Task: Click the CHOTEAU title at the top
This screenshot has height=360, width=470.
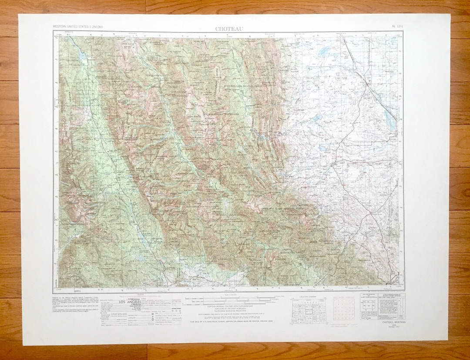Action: tap(229, 29)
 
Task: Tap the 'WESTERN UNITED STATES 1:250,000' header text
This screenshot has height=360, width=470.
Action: tap(78, 27)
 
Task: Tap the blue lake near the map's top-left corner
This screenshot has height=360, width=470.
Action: tap(82, 56)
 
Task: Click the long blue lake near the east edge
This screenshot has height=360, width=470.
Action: tap(389, 118)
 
